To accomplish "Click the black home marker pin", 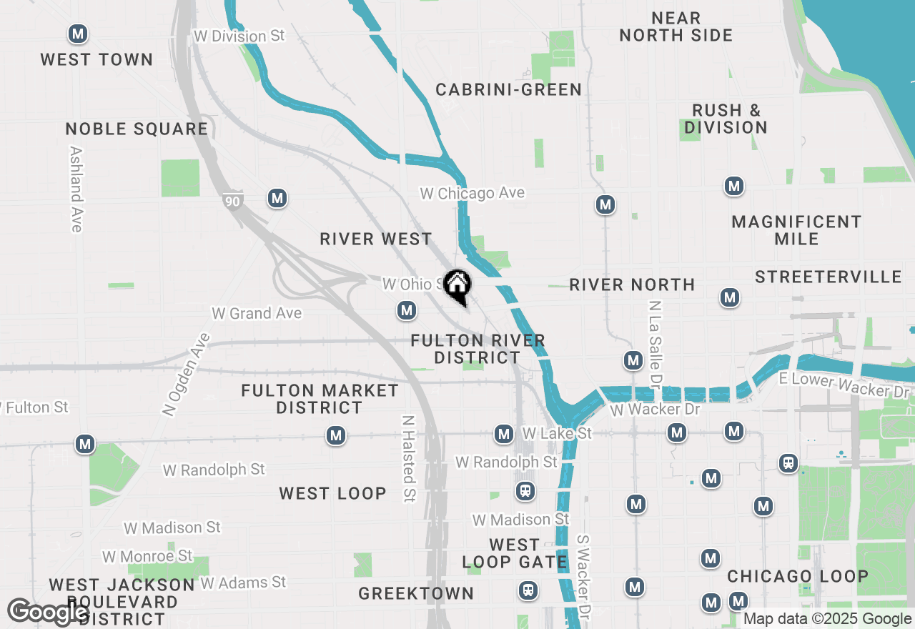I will pos(457,286).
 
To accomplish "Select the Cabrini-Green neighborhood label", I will pos(508,89).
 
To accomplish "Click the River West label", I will pos(376,239).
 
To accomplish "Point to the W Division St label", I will pos(239,36).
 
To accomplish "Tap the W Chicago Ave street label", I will pos(472,193).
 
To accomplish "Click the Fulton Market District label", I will pos(320,399).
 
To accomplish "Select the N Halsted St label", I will pos(408,459).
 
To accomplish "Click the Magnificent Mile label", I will pos(796,230).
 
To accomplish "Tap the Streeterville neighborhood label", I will pos(828,277).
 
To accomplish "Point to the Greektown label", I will pos(416,593).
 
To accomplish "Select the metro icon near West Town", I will pos(78,34).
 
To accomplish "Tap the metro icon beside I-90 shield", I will pos(277,199).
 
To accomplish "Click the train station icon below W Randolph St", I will pos(525,491).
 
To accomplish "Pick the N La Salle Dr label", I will pos(653,340).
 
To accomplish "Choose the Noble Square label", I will pos(137,129).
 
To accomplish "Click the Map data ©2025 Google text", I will pos(827,619).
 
